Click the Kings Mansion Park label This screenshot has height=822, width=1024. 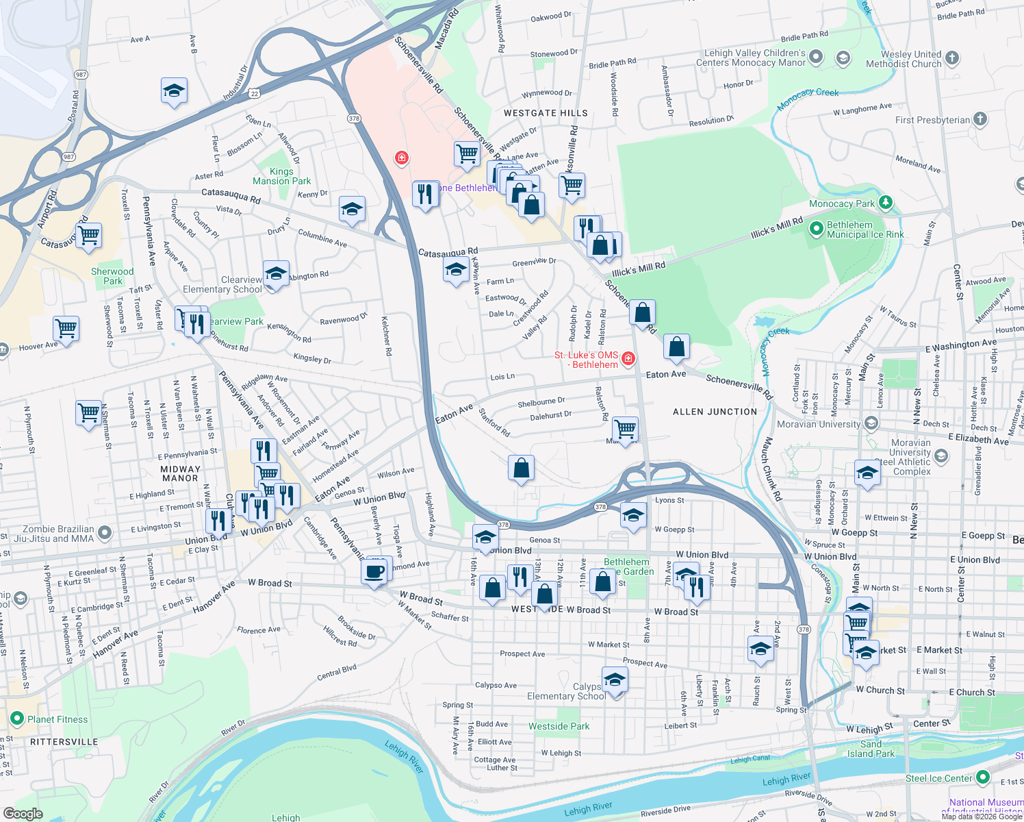click(281, 177)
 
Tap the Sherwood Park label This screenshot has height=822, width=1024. click(112, 276)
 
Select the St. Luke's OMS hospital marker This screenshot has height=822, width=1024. click(628, 358)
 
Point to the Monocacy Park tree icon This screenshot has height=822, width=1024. click(886, 202)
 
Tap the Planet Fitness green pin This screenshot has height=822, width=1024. click(17, 719)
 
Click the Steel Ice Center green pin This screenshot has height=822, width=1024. click(983, 777)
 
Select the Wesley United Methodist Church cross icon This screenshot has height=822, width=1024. click(952, 58)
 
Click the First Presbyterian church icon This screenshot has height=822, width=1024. click(980, 119)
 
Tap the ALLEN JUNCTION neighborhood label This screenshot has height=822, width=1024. click(715, 412)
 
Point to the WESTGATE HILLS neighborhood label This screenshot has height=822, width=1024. click(546, 113)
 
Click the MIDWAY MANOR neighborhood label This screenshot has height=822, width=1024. click(180, 473)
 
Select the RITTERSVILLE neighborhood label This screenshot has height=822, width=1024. click(64, 742)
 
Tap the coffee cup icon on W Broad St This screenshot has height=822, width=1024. click(374, 571)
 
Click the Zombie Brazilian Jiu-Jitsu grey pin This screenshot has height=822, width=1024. click(104, 532)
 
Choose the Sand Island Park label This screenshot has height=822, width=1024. click(871, 749)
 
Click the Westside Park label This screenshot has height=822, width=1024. click(559, 726)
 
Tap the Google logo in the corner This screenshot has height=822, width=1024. click(23, 814)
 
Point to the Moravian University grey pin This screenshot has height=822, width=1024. click(871, 423)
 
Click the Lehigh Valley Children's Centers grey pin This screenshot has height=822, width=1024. click(815, 58)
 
